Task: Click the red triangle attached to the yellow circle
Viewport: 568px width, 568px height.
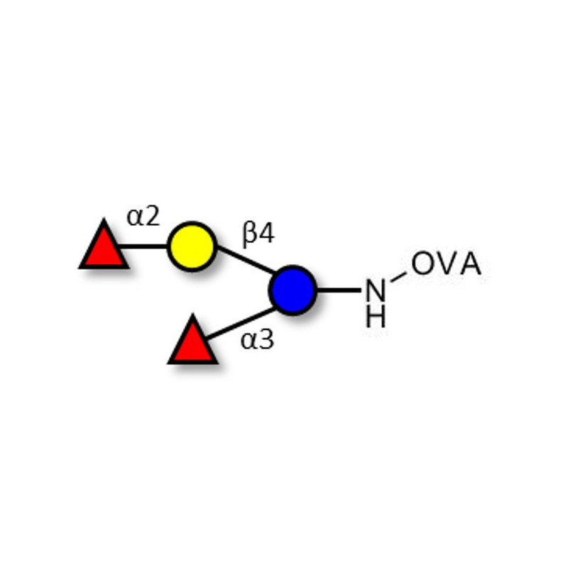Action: pos(104,248)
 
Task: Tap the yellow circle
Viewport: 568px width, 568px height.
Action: pos(192,246)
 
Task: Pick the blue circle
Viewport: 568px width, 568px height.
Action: pos(293,290)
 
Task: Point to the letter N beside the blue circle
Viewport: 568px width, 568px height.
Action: pos(376,290)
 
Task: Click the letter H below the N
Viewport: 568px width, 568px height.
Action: pos(376,317)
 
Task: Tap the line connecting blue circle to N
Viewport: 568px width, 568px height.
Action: pos(339,290)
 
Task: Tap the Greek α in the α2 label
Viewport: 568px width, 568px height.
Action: pos(136,217)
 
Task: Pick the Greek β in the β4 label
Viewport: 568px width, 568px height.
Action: pos(249,234)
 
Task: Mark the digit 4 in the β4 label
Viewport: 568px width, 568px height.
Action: pos(266,234)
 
